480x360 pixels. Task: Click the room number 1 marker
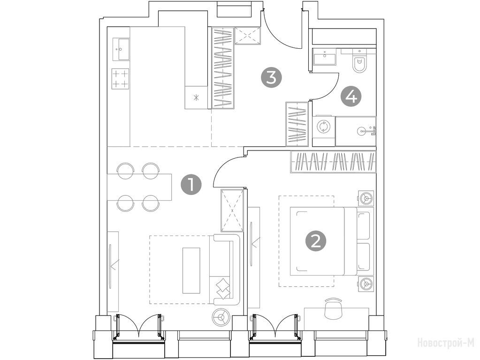(191, 185)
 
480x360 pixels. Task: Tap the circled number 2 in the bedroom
(316, 241)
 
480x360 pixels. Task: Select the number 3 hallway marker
(271, 77)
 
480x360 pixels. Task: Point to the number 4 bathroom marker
(351, 97)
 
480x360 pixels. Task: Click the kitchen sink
(121, 49)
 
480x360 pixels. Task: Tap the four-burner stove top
(120, 79)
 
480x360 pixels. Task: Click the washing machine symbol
(323, 127)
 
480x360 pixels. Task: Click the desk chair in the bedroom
(333, 308)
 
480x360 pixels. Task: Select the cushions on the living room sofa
(223, 288)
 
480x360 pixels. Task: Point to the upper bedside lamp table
(366, 198)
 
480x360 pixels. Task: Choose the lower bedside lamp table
(366, 284)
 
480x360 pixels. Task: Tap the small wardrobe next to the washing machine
(297, 124)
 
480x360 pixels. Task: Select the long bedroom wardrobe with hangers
(333, 162)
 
